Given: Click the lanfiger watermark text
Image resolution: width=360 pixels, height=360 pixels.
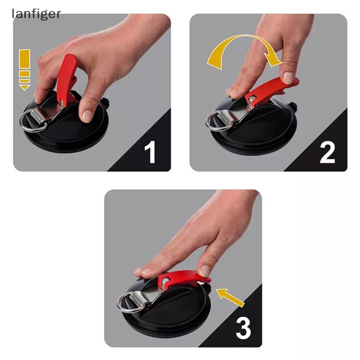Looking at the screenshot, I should tap(36, 14).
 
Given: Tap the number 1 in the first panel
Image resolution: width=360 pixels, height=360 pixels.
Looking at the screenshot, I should tap(151, 152).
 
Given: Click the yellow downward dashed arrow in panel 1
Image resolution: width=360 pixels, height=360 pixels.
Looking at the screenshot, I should tap(24, 69).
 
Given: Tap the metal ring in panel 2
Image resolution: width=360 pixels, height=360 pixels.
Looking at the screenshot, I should tap(215, 120).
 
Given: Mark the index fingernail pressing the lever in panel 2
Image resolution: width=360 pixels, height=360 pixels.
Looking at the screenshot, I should tap(288, 78).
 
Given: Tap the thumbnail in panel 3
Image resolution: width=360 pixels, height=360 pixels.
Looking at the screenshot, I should tap(205, 270).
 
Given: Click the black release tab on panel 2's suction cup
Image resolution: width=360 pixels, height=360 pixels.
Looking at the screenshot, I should tap(295, 108).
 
